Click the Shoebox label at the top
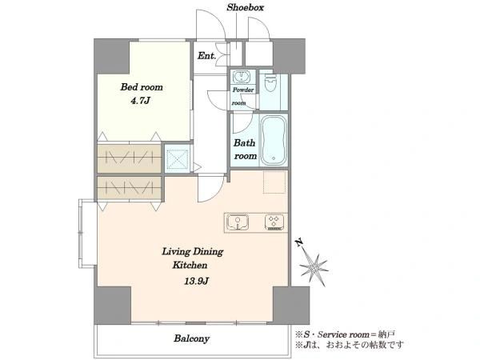pos(245,8)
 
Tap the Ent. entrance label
pos(207,56)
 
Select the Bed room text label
pos(142,87)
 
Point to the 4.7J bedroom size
pos(141,101)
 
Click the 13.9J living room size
pos(196,281)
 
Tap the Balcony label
pos(192,338)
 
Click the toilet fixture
pos(270,82)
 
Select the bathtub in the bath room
pos(274,140)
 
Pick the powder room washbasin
pos(242,76)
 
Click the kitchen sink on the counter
pos(238,222)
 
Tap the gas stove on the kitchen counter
pos(274,222)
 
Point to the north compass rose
pos(313,269)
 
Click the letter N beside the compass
pos(298,242)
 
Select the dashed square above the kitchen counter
pos(274,182)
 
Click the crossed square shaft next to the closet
pos(178,158)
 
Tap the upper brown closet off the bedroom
pos(129,158)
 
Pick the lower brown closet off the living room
pos(129,188)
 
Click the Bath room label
pos(246,150)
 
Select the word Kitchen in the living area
pos(190,265)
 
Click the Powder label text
pos(243,90)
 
